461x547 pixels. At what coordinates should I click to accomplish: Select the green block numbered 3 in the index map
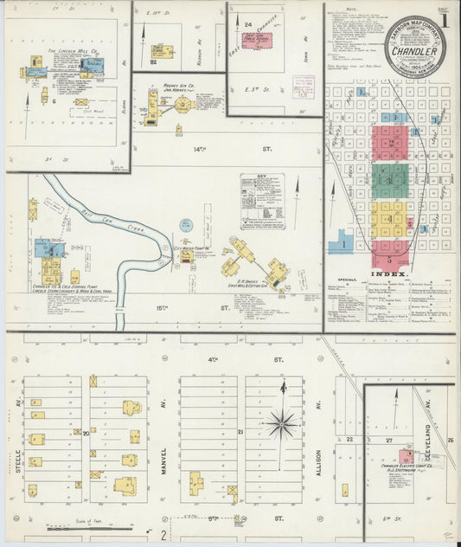[x=390, y=181]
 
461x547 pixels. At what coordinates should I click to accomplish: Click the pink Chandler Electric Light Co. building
[x=405, y=456]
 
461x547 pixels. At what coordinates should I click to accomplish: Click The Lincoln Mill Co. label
[x=74, y=51]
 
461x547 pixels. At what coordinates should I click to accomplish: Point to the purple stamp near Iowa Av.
[x=304, y=83]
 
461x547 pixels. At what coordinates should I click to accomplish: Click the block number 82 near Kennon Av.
[x=153, y=62]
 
